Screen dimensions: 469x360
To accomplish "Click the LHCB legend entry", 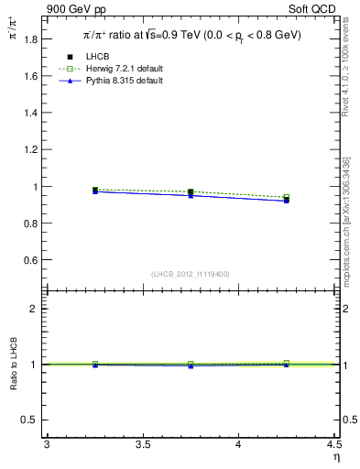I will point(98,57).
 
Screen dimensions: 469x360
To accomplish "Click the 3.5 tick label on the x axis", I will point(142,445).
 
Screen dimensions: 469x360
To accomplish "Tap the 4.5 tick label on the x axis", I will point(333,445).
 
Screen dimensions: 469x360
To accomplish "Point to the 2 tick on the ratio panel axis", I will point(37,309).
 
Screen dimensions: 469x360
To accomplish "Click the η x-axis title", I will point(334,458).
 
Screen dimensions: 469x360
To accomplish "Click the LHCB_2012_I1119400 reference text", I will point(190,274).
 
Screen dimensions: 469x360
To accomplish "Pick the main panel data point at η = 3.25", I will point(94,191).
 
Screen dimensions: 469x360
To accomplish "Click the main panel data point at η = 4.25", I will point(287,199).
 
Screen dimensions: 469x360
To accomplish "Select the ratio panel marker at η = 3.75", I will point(191,365).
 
